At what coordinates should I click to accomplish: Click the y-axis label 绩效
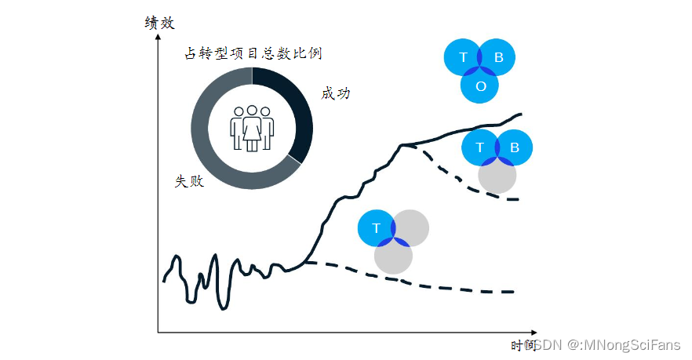coord(159,23)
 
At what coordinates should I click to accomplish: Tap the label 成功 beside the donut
coord(336,93)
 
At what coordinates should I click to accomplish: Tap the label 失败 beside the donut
coord(189,181)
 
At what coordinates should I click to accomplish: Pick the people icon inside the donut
coord(252,128)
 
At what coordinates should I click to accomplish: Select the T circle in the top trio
coord(463,57)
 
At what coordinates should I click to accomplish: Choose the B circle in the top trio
coord(499,57)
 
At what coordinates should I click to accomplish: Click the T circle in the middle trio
coord(480,147)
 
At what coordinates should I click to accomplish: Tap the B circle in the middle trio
coord(515,147)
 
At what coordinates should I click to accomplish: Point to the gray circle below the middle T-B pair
coord(497,176)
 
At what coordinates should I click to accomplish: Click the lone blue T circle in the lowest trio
coord(376,228)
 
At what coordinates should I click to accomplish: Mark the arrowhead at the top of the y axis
coord(158,35)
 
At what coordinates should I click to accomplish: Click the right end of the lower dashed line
coord(513,292)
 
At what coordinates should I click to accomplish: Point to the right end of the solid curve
coord(521,115)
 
